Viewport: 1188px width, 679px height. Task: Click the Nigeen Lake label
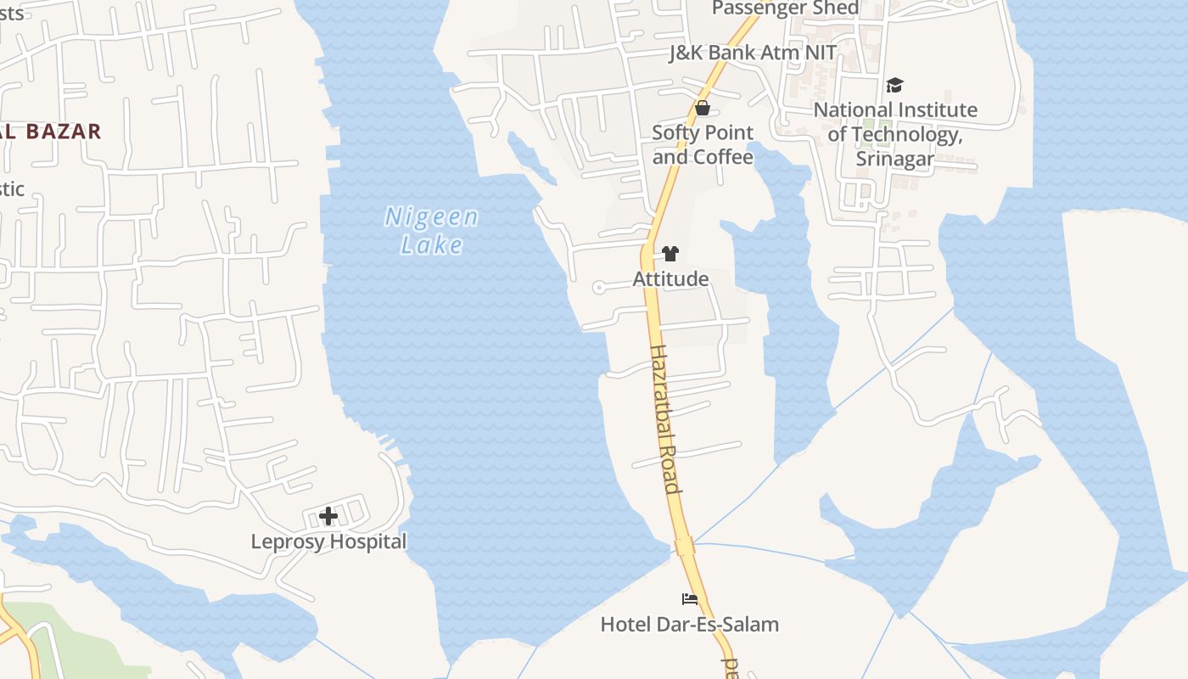[x=432, y=230]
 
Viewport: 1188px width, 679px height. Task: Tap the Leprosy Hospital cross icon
[x=328, y=515]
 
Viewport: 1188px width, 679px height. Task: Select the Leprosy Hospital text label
[x=328, y=542]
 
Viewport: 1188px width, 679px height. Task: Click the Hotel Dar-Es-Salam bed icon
[x=690, y=599]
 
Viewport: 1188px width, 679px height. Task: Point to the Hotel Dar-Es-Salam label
[x=689, y=625]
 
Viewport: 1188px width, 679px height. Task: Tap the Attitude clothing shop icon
[x=670, y=253]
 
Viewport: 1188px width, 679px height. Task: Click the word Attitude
[x=670, y=278]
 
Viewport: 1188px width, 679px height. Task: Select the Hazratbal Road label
[x=665, y=418]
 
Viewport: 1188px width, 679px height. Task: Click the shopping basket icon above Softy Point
[x=703, y=108]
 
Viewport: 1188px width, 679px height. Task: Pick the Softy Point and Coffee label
[x=703, y=145]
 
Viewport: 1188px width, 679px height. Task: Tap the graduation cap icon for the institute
[x=894, y=85]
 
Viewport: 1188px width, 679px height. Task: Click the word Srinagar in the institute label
[x=894, y=159]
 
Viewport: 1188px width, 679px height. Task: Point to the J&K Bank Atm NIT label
[x=753, y=53]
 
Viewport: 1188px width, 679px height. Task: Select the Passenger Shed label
[x=785, y=8]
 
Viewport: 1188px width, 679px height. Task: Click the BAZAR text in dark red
[x=64, y=132]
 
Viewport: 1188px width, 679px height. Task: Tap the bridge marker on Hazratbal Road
[x=685, y=546]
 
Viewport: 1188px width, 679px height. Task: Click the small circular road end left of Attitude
[x=598, y=287]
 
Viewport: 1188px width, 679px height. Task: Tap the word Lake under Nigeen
[x=432, y=245]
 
